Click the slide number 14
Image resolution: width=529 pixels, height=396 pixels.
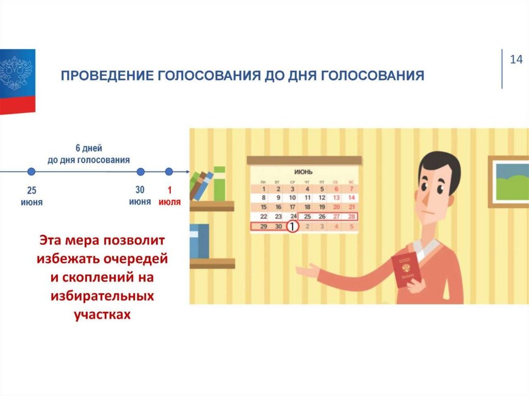coord(516,59)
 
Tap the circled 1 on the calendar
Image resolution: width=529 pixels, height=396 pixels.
coord(292,226)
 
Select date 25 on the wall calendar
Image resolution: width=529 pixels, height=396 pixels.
coord(307,216)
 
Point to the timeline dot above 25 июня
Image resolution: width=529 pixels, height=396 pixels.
coord(31,171)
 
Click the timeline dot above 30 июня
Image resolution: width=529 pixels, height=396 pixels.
coord(140,171)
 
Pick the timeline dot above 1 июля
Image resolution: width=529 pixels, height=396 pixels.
coord(169,171)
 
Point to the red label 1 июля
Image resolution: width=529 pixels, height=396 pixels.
coord(170,197)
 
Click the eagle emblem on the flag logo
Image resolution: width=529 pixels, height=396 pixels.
coord(15,72)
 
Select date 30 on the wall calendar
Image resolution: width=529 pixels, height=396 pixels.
coord(278,226)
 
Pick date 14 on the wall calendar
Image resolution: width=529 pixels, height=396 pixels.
coord(351,197)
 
